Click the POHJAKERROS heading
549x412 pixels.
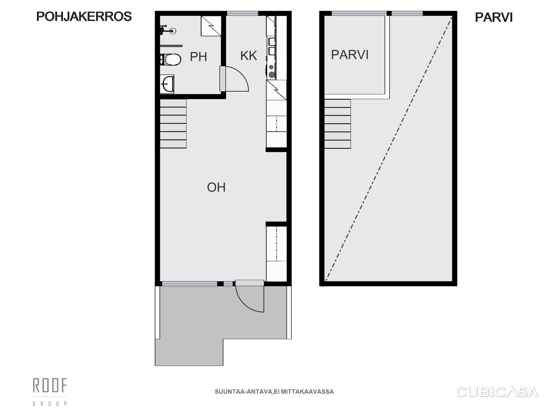(x=84, y=16)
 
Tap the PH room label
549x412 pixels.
(x=198, y=57)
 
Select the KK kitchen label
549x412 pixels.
(x=249, y=56)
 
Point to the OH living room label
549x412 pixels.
(x=217, y=187)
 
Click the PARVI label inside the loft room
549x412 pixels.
(x=350, y=55)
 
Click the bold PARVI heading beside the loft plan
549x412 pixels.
(x=494, y=18)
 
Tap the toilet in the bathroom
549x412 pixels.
(x=171, y=59)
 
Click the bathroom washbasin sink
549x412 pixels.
(x=167, y=84)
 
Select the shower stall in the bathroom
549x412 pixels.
(x=211, y=26)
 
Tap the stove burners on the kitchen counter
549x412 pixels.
(x=271, y=71)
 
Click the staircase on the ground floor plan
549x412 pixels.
(x=173, y=124)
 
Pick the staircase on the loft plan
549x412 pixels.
(x=337, y=124)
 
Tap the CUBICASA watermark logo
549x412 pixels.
(x=497, y=392)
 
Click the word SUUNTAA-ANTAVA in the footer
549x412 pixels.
(x=243, y=392)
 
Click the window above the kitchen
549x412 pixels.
(x=242, y=13)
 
